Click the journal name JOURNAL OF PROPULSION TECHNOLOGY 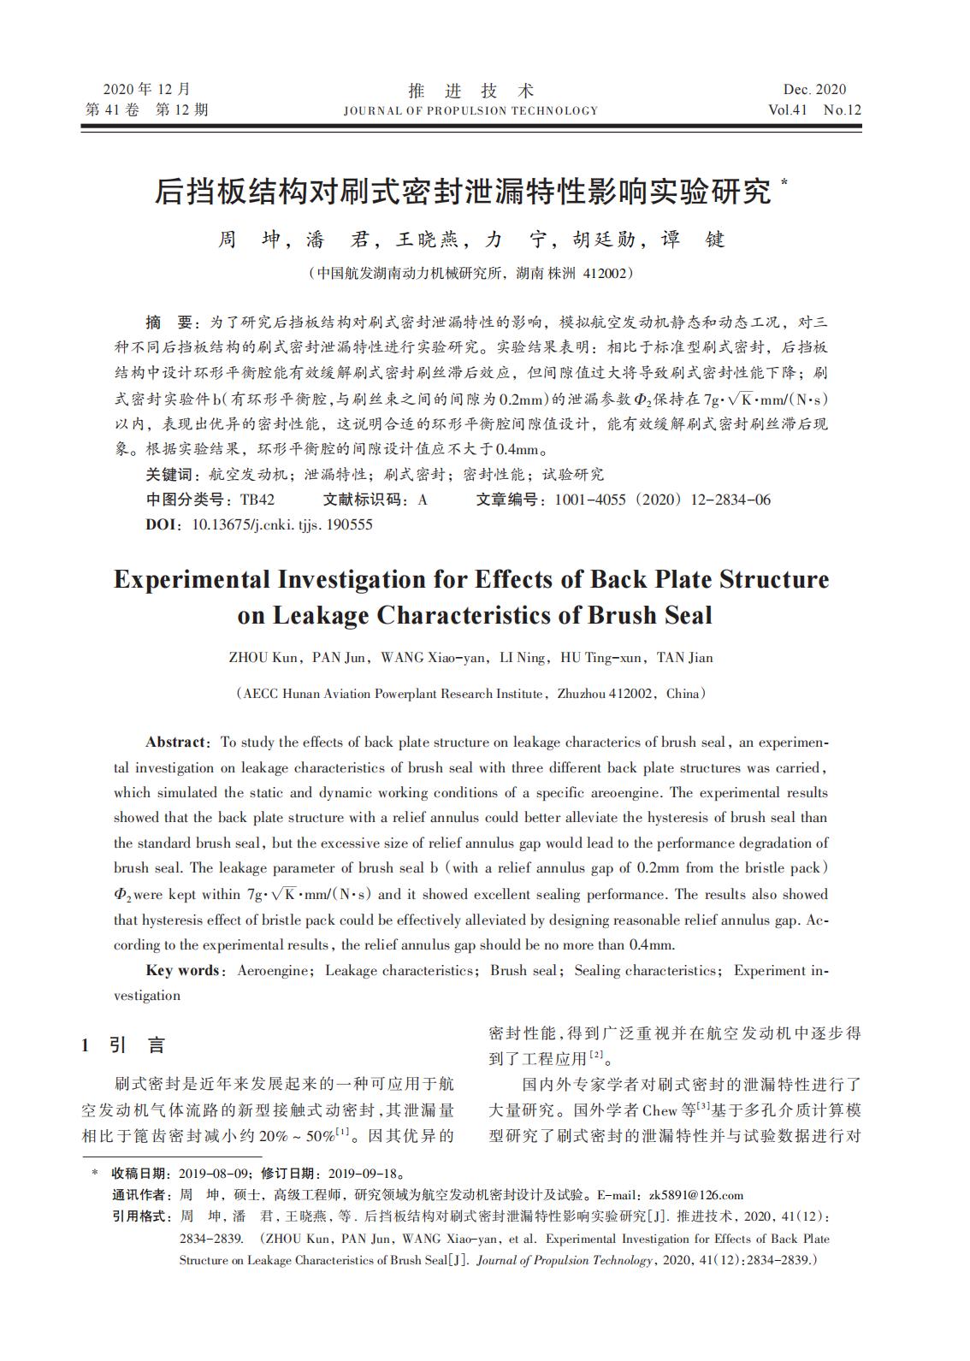[470, 110]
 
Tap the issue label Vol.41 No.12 [814, 109]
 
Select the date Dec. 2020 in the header [814, 90]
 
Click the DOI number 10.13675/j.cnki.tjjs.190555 [282, 524]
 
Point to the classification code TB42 [257, 500]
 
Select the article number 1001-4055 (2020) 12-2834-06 [662, 500]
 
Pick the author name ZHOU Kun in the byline [263, 658]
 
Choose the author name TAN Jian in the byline [684, 658]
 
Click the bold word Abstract [175, 742]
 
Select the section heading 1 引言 [123, 1044]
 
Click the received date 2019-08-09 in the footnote [214, 1174]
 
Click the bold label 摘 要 [169, 322]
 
